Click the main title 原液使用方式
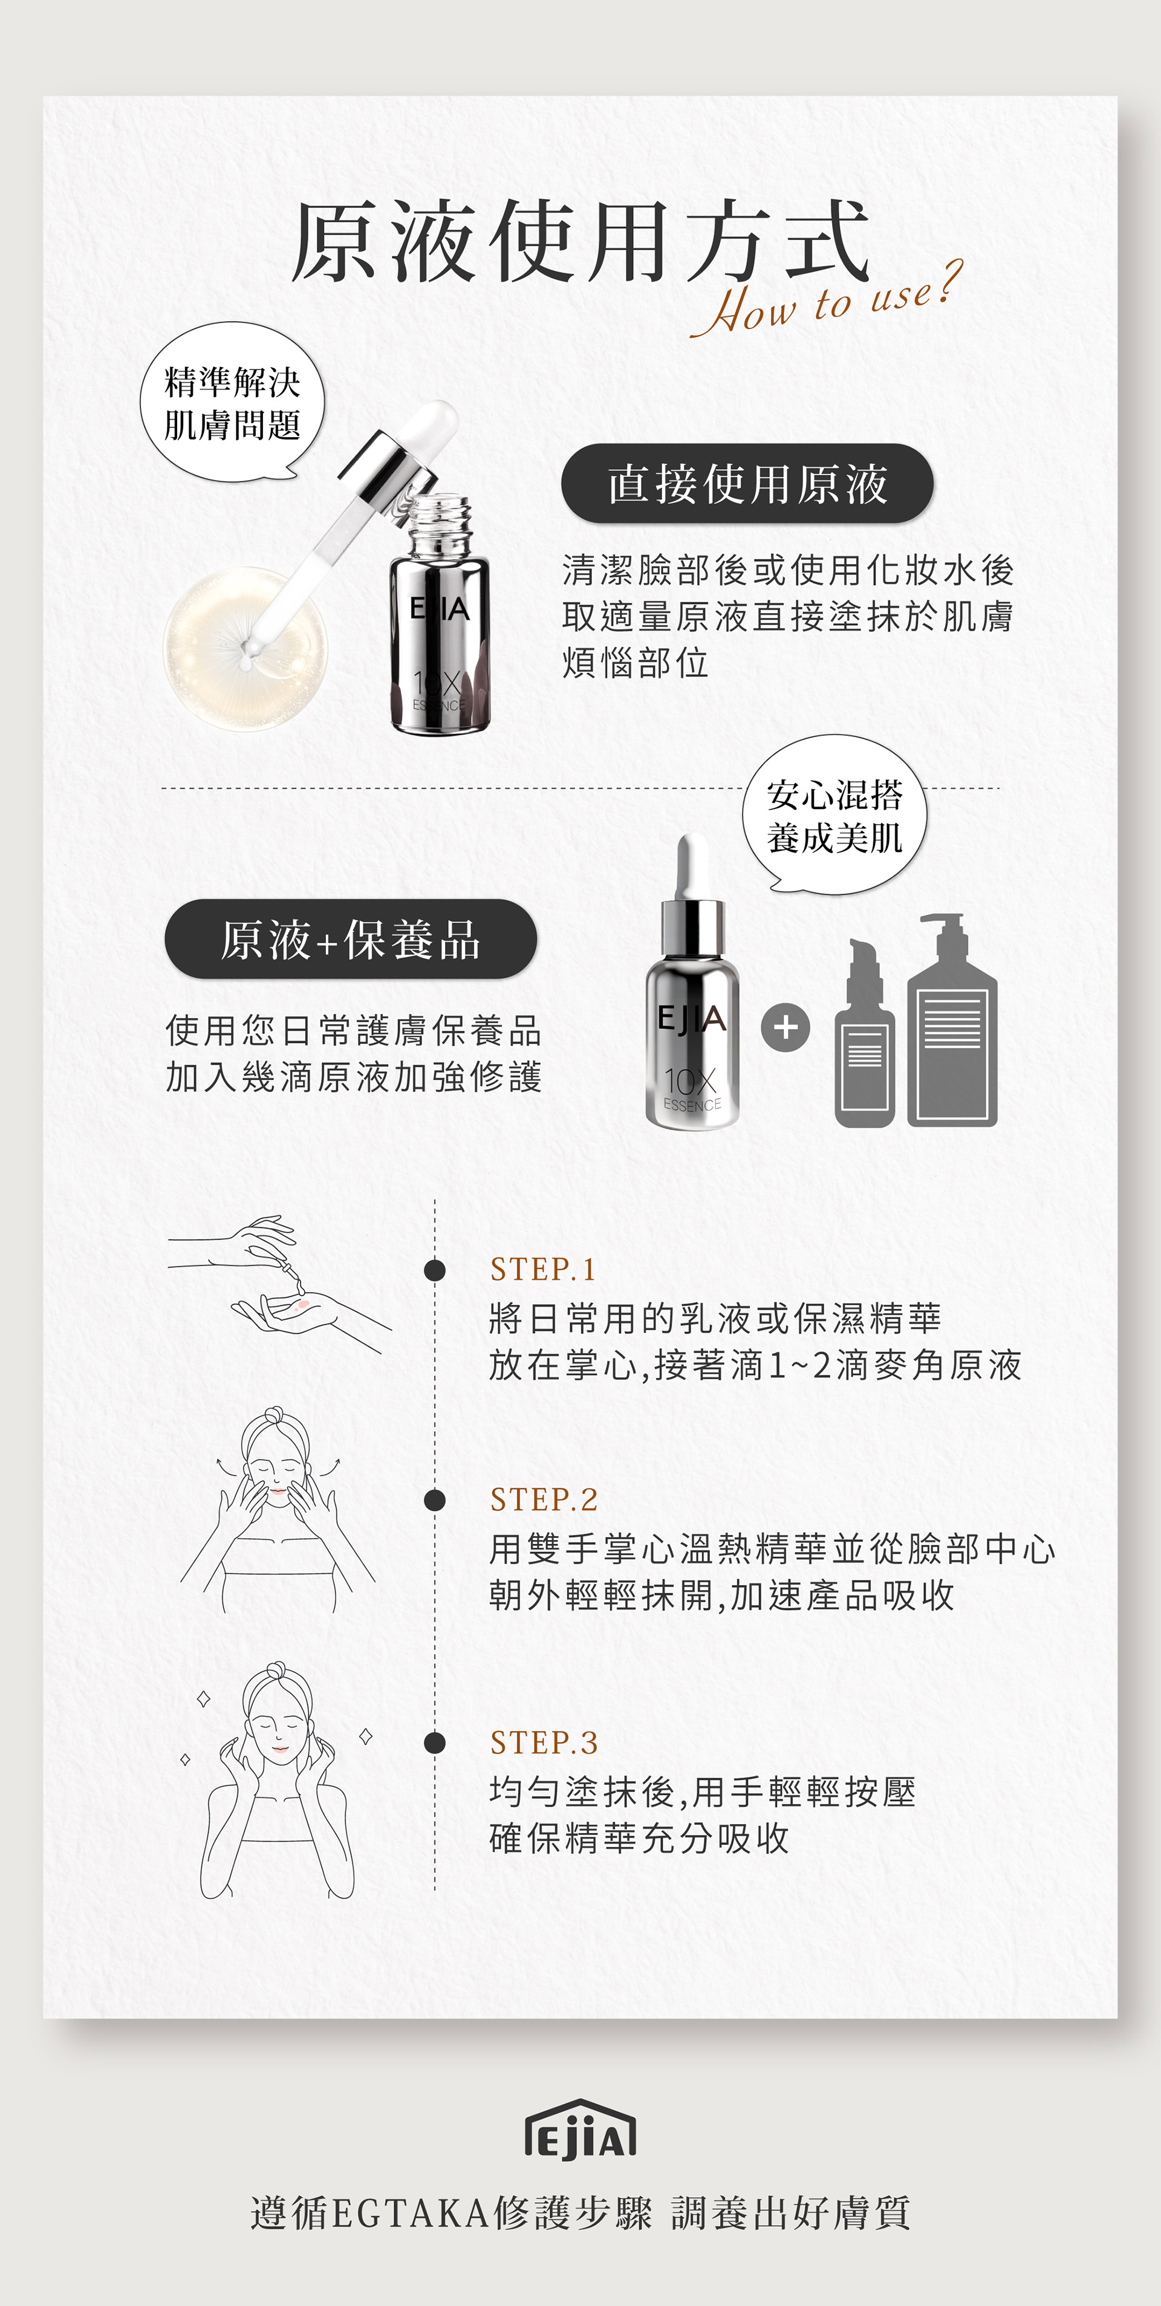(x=580, y=240)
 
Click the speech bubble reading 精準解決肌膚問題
(x=232, y=403)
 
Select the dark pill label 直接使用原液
(x=747, y=484)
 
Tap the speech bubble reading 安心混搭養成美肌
(x=834, y=814)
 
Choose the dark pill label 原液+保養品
(x=351, y=939)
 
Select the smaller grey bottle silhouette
(x=864, y=1033)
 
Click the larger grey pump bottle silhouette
(x=952, y=1019)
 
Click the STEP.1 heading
(x=542, y=1268)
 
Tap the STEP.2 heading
(x=544, y=1499)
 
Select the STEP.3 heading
(x=544, y=1742)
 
